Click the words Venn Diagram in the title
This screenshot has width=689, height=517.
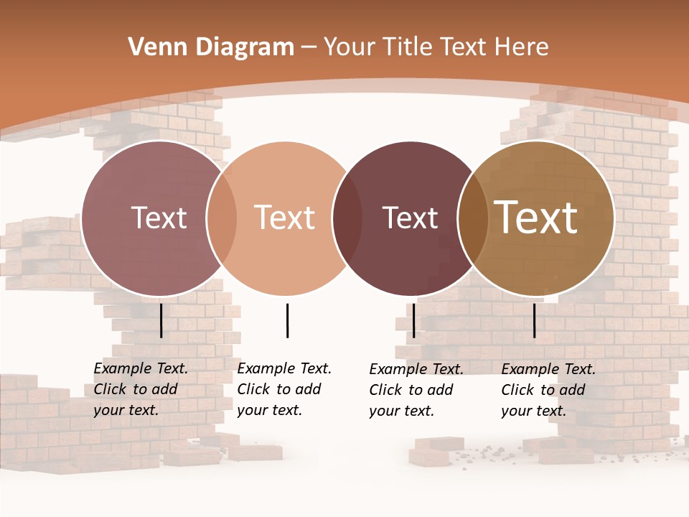pos(211,47)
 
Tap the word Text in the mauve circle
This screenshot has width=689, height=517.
pos(159,218)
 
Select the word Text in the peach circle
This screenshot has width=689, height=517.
pos(285,218)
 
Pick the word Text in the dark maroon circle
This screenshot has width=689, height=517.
pos(410,218)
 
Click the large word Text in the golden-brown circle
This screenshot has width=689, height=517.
pos(536,218)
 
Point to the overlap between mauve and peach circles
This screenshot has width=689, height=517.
pos(222,218)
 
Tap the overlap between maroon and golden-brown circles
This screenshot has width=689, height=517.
pos(472,218)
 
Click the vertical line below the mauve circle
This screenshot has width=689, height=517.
pos(161,320)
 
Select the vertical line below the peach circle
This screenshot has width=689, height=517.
pos(287,320)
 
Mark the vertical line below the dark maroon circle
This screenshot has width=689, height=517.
pos(413,320)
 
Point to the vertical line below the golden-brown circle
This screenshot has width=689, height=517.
pos(534,320)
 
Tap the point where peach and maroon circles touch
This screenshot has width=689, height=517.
pos(340,218)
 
